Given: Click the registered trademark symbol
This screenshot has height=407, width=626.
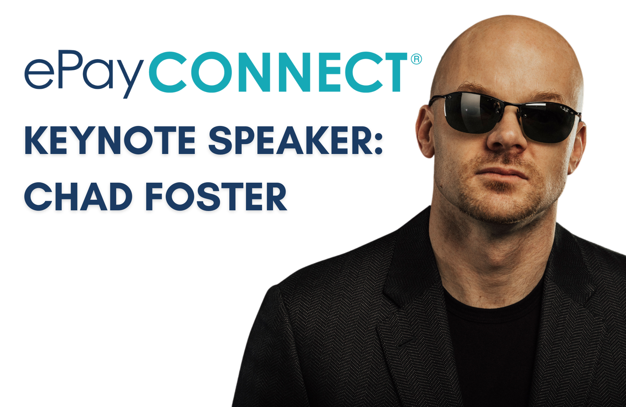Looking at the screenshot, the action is coord(416,59).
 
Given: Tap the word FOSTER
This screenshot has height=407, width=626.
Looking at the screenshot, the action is coord(216,197).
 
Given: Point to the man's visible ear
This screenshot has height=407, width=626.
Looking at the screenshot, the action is coord(425,131).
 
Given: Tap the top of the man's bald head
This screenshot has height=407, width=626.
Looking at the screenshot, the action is coord(509,24).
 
